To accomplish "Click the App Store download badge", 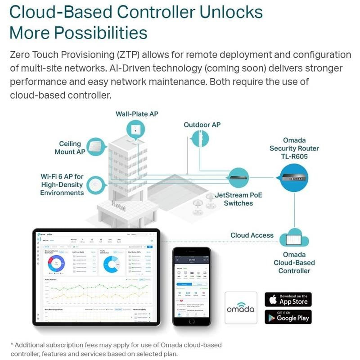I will point(288,299).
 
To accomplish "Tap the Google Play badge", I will point(288,316).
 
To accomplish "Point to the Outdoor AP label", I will point(202,124).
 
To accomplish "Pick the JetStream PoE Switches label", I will point(238,199).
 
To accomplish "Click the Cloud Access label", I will point(252,235).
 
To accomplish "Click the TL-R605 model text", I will point(294,157).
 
